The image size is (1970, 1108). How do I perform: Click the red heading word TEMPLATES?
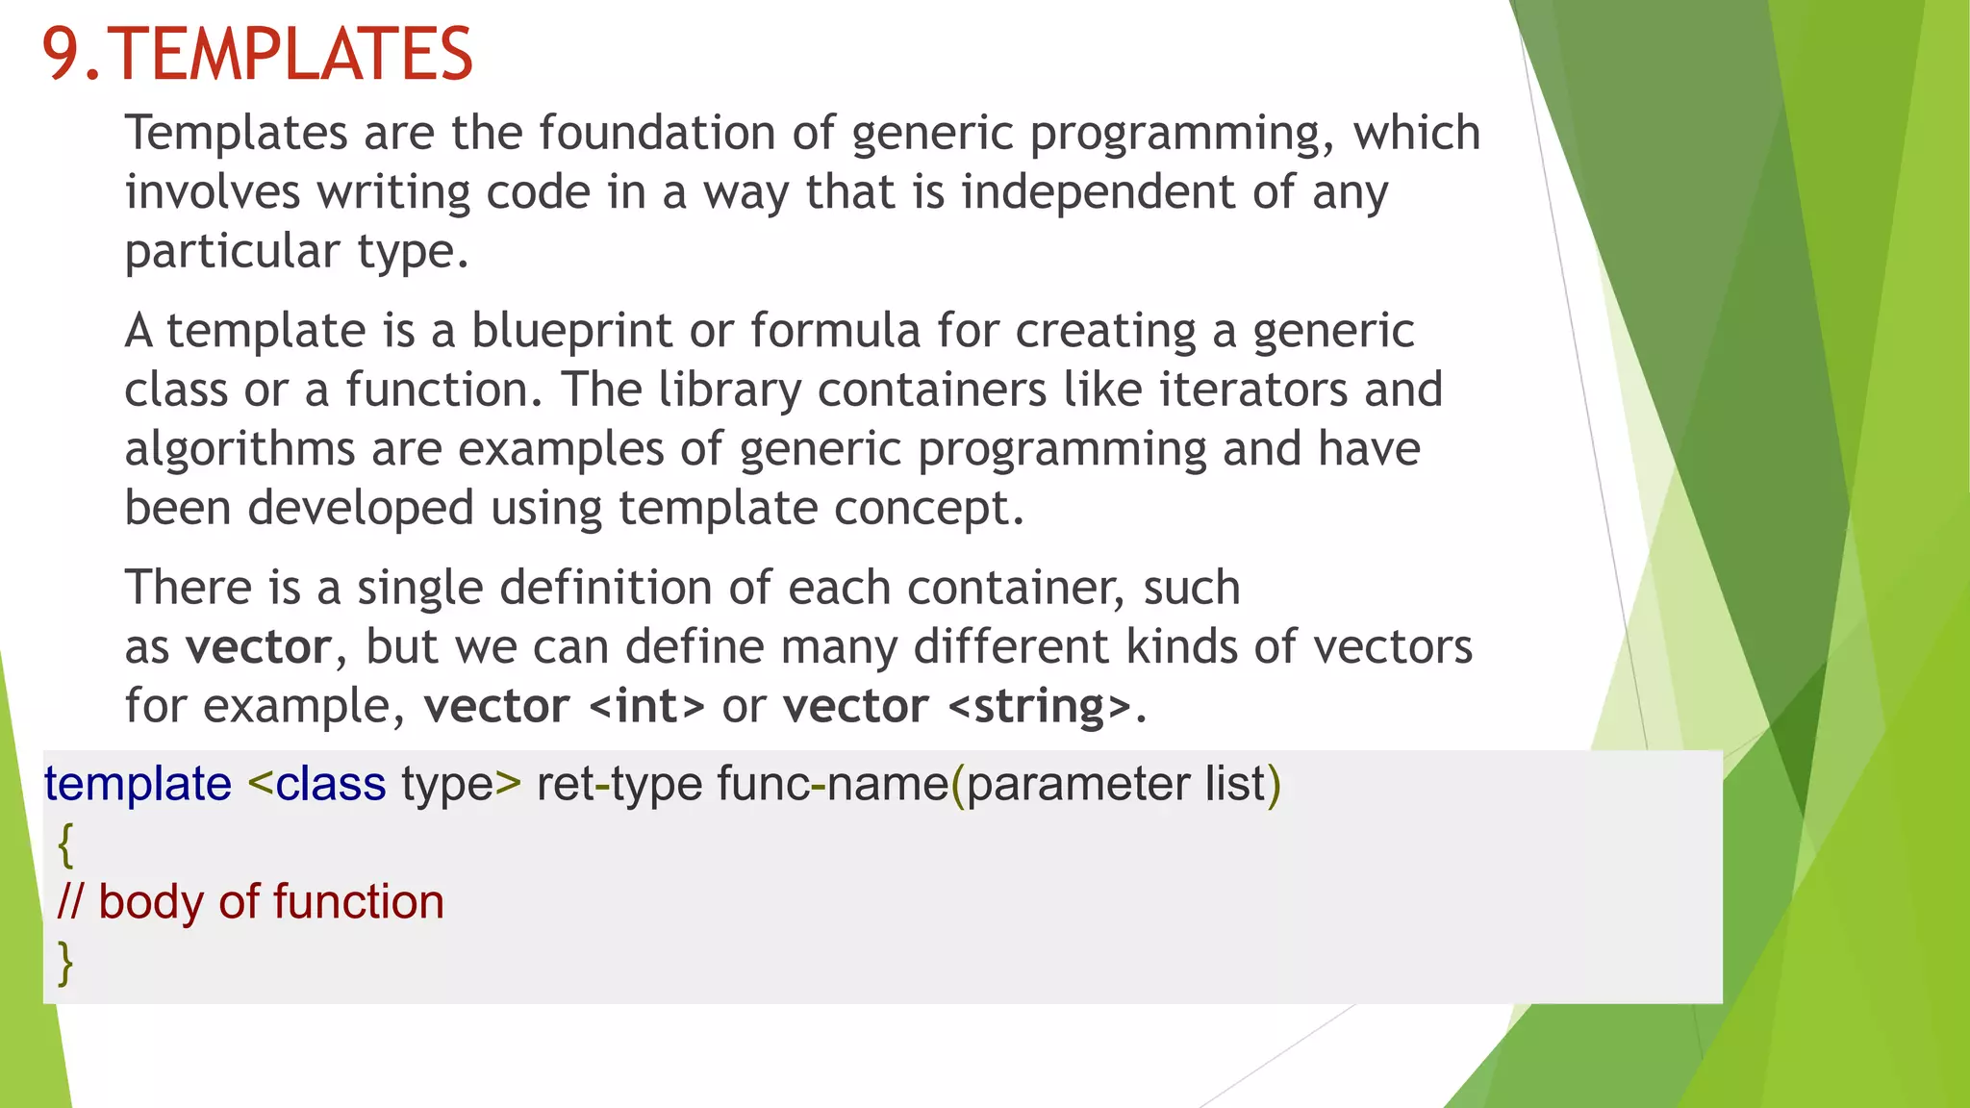coord(292,54)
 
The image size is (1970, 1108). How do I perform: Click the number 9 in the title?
coord(61,54)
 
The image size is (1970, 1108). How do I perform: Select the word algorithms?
coord(240,449)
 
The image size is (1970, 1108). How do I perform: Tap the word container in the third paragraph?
coord(1015,588)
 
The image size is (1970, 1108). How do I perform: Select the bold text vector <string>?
coord(957,706)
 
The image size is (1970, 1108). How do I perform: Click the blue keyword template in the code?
coord(138,784)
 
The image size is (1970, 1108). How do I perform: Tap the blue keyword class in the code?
coord(330,784)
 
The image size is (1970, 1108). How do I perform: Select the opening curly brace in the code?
coord(65,844)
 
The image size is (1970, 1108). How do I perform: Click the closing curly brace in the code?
coord(65,962)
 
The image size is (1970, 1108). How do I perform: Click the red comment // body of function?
coord(251,902)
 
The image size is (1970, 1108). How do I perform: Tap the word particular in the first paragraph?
coord(232,251)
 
